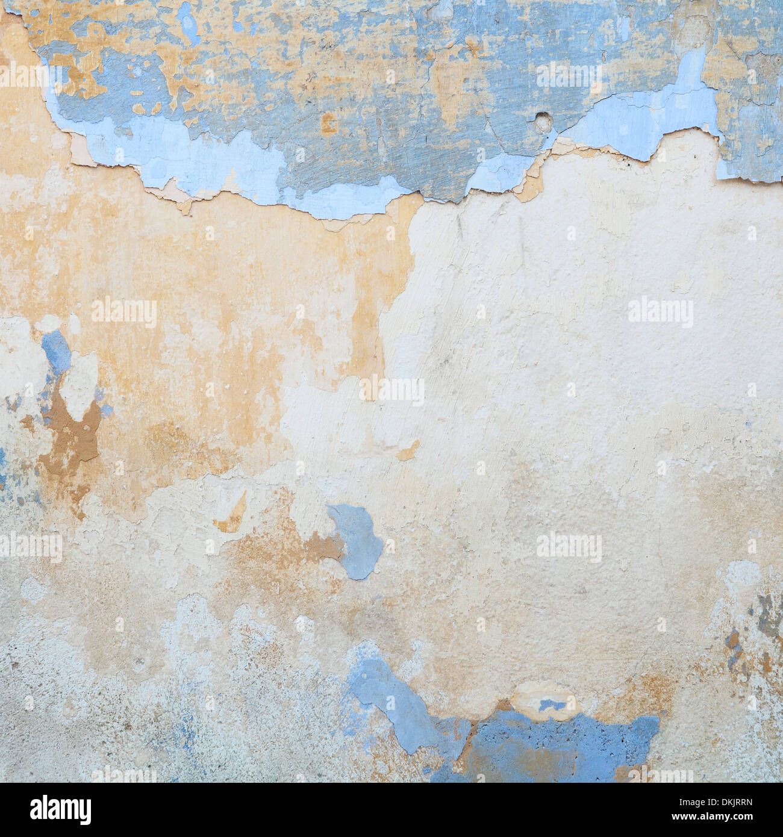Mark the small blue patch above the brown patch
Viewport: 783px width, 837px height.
click(x=56, y=353)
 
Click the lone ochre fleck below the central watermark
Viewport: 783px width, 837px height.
click(x=408, y=450)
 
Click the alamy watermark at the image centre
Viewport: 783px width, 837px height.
click(x=391, y=390)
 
